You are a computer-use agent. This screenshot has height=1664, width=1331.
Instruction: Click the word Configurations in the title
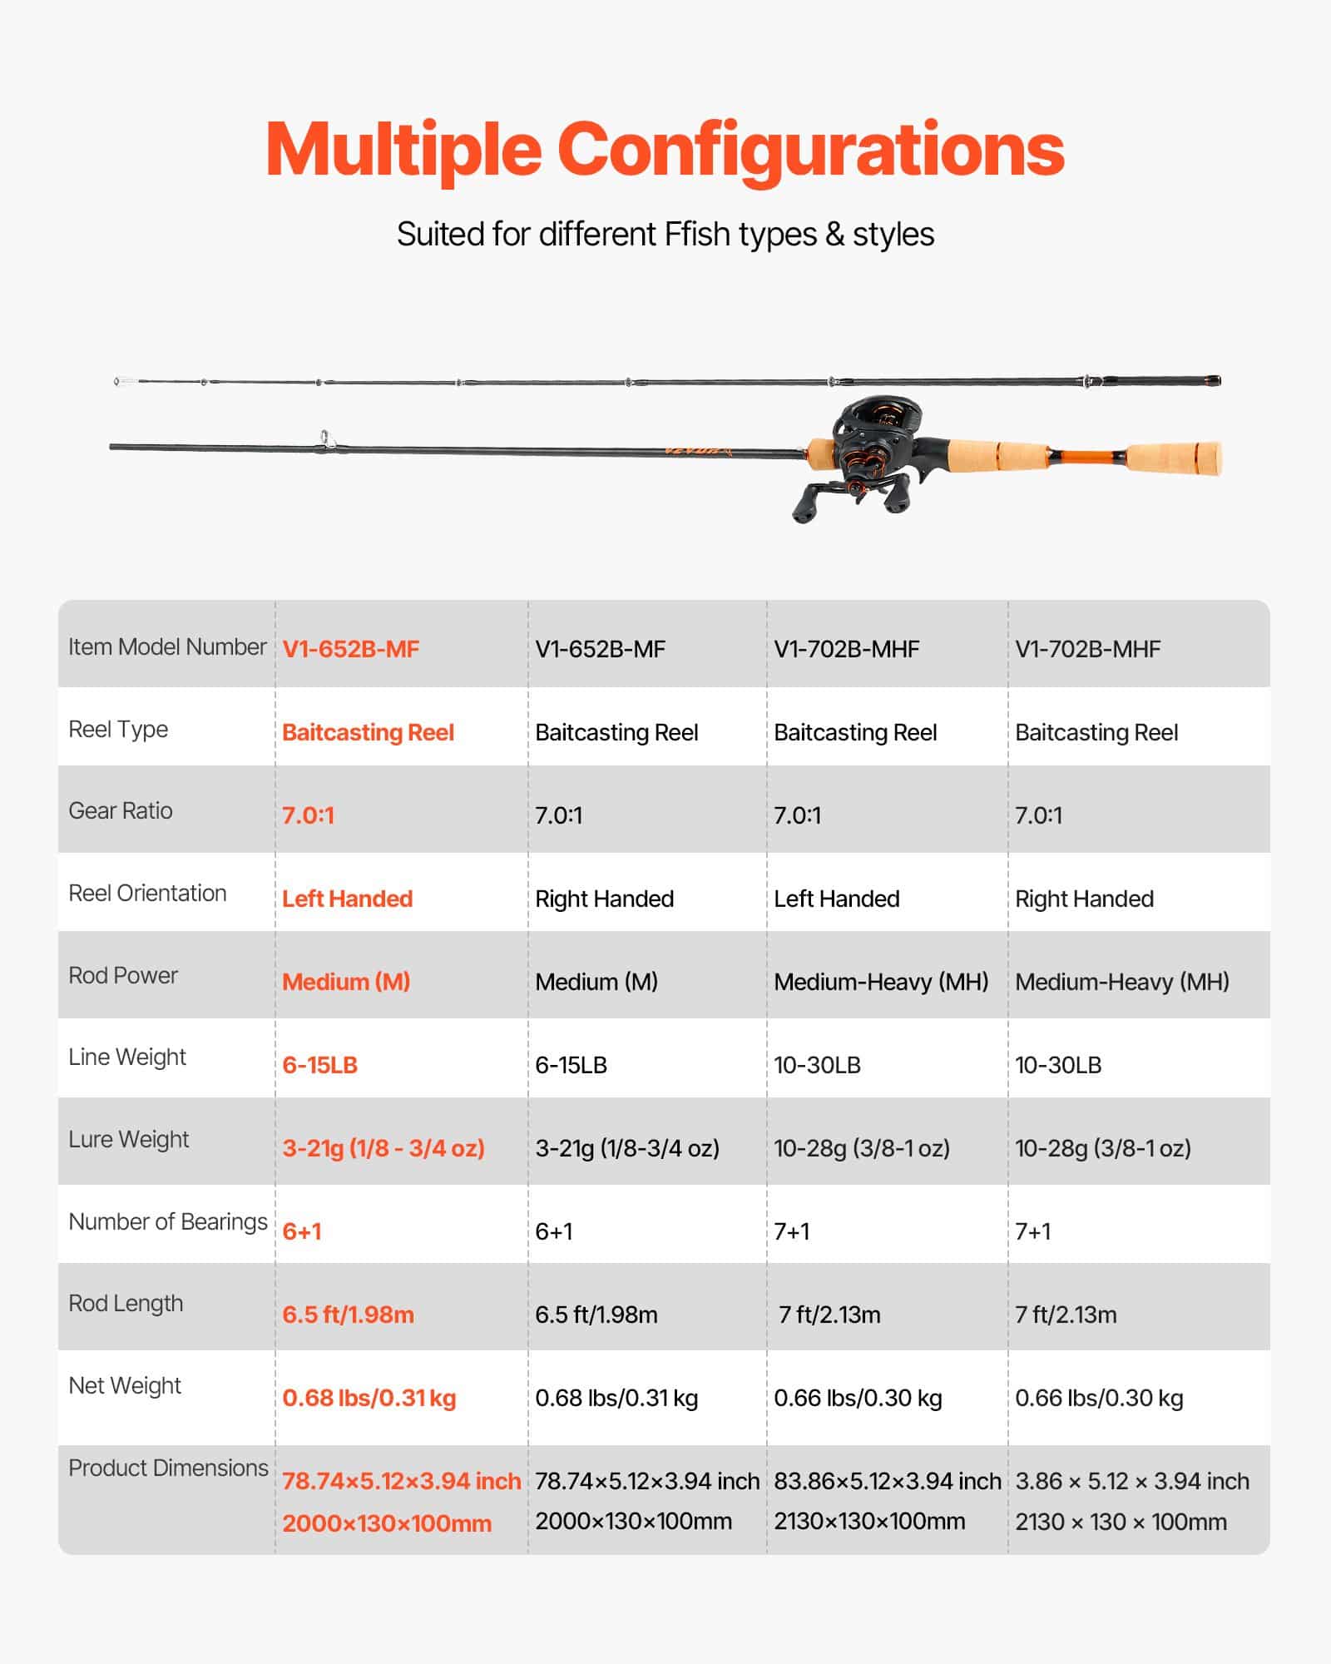point(810,150)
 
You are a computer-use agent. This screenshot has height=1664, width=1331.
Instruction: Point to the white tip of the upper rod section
point(125,382)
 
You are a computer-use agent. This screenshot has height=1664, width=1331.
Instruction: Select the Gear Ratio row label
point(121,811)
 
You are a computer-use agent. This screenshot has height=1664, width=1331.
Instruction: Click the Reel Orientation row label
point(147,894)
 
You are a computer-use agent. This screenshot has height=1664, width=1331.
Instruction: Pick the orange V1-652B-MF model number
point(350,650)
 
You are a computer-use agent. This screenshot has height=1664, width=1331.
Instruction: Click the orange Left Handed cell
point(347,899)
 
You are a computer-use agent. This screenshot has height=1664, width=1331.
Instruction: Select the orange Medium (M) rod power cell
point(346,983)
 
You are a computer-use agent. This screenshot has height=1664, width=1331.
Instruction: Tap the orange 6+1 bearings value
point(302,1232)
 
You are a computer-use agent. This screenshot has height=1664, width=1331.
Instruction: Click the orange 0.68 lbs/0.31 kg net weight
point(369,1399)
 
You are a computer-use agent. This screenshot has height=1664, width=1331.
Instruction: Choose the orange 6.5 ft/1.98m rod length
point(348,1315)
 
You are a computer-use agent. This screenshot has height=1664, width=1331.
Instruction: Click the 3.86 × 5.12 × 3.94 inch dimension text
point(1131,1482)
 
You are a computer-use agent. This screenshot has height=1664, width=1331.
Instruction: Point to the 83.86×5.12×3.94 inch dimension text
point(887,1482)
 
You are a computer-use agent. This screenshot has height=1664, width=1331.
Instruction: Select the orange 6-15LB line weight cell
point(319,1066)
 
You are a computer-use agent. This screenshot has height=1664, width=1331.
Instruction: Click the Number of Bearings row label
point(168,1222)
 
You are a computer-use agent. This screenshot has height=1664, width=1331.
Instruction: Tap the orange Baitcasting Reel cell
point(368,733)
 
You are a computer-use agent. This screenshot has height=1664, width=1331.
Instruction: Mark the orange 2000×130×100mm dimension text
point(387,1524)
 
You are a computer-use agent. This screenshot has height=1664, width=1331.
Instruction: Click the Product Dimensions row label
point(168,1468)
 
